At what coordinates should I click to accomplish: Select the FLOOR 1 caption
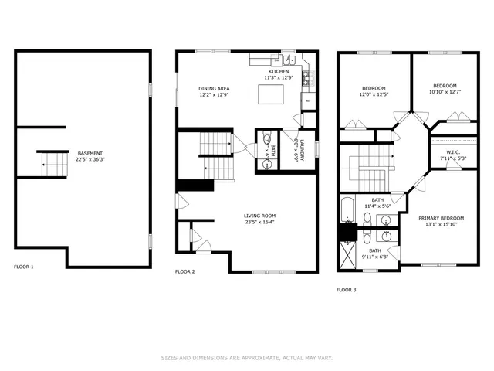pos(24,267)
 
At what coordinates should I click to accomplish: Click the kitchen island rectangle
pos(271,94)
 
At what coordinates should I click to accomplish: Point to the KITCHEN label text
pos(279,72)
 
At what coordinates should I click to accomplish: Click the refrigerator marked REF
pos(308,101)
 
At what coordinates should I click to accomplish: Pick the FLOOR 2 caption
pos(185,272)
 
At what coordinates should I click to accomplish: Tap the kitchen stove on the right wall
pos(306,77)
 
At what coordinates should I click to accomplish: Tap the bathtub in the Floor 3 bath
pos(347,209)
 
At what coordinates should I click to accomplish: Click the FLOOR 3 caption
pos(347,291)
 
